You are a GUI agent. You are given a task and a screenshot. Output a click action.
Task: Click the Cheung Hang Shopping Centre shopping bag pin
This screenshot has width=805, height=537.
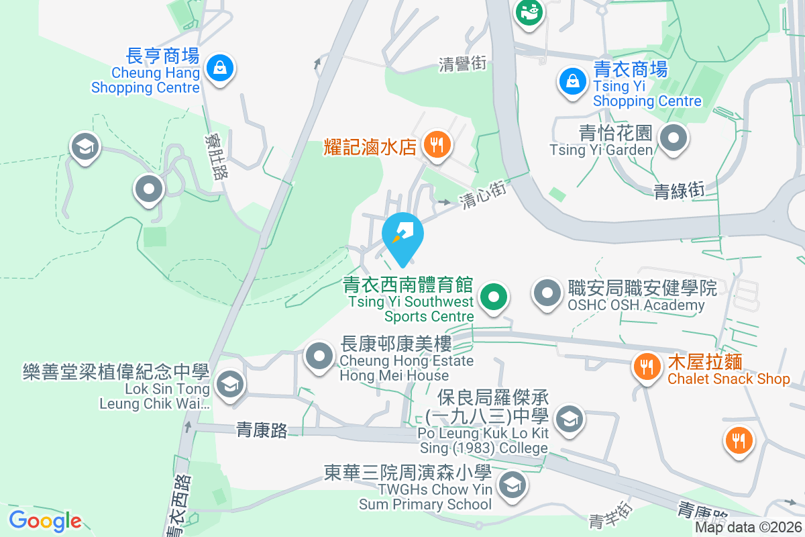[219, 67]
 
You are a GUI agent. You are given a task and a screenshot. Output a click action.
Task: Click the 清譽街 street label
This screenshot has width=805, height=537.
[462, 64]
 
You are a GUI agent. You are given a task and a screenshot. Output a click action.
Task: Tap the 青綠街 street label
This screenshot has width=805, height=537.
[679, 191]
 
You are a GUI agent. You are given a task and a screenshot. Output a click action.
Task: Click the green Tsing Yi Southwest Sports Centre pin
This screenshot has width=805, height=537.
[494, 296]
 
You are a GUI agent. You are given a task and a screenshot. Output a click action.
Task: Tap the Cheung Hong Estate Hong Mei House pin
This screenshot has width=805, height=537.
[319, 356]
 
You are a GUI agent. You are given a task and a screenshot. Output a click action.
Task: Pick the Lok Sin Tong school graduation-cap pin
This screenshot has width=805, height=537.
[230, 385]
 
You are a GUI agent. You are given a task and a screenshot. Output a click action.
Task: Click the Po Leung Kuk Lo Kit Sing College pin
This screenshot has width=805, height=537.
[570, 420]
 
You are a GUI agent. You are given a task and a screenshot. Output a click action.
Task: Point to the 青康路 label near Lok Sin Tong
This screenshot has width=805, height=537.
[262, 430]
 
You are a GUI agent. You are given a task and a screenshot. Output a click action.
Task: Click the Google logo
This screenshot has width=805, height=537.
[45, 521]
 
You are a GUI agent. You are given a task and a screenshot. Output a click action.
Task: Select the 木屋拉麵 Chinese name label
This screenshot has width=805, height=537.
[704, 362]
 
